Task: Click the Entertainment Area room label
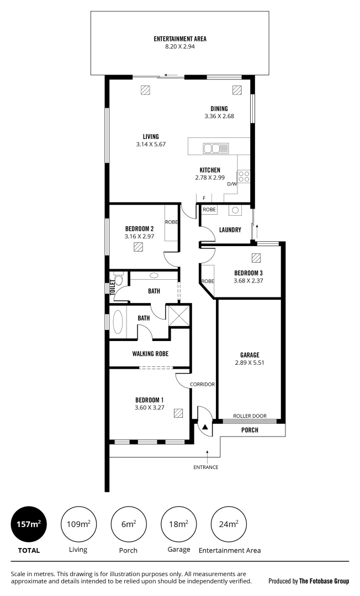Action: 180,39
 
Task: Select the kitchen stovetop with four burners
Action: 244,177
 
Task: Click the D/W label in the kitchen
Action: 231,184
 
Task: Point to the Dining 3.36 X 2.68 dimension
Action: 219,116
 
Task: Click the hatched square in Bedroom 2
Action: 139,247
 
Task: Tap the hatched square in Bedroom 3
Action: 256,258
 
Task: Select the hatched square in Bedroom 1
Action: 178,413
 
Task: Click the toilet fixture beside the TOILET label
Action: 118,279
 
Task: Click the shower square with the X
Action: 179,317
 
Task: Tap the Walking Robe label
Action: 150,354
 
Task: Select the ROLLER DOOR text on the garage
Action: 250,417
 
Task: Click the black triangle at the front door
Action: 205,427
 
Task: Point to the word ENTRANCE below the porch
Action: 205,467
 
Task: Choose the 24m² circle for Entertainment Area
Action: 229,524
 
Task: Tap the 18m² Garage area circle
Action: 178,524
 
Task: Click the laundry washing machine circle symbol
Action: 235,210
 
